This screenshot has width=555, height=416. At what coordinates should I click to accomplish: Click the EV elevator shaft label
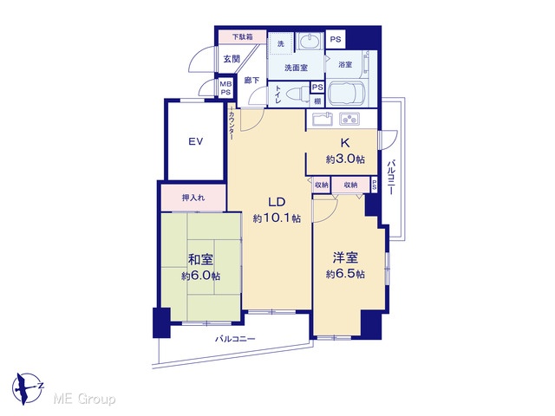tap(195, 142)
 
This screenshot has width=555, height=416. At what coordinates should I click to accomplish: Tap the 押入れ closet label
tap(193, 198)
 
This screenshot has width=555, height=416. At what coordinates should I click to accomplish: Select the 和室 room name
tap(200, 260)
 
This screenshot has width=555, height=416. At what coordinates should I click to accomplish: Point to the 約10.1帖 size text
tap(277, 218)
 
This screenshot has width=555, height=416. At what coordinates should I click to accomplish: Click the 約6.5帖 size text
tap(345, 274)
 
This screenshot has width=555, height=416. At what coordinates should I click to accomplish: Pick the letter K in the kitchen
tap(345, 143)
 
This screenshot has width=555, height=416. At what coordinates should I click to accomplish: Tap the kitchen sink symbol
tap(322, 119)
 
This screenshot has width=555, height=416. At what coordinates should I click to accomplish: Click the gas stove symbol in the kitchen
tap(349, 119)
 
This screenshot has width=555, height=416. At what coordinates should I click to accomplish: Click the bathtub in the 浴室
tap(347, 94)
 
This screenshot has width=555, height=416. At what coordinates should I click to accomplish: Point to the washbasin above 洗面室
tap(309, 42)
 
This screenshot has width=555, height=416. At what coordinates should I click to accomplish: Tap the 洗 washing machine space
tap(281, 43)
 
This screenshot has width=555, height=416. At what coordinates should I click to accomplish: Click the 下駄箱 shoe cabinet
tap(243, 36)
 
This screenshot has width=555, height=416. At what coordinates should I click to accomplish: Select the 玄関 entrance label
tap(232, 59)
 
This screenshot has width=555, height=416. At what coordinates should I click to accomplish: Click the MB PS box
tap(225, 88)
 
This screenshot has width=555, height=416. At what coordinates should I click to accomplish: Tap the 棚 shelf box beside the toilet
tap(317, 101)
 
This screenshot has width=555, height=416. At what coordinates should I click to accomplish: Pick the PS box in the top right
tap(336, 39)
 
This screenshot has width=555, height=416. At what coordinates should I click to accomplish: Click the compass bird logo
tap(27, 388)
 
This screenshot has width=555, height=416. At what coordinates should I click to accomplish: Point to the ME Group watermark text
tap(84, 400)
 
